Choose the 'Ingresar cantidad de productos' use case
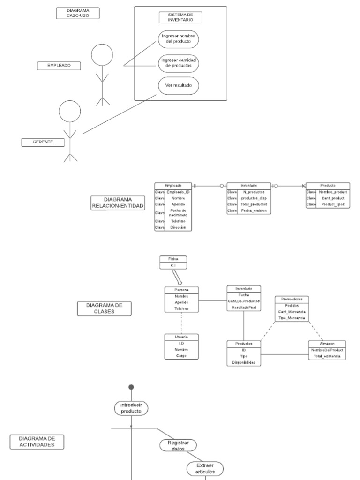click(x=179, y=63)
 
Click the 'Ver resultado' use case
click(x=179, y=86)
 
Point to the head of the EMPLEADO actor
click(x=102, y=54)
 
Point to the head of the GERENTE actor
click(x=70, y=112)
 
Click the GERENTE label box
click(x=43, y=142)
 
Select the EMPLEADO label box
click(x=59, y=66)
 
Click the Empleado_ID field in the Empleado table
click(x=178, y=192)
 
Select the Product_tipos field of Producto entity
click(x=333, y=205)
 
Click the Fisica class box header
click(x=173, y=259)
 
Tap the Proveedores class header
click(x=291, y=299)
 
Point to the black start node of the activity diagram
click(x=131, y=387)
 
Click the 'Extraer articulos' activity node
click(x=205, y=468)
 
